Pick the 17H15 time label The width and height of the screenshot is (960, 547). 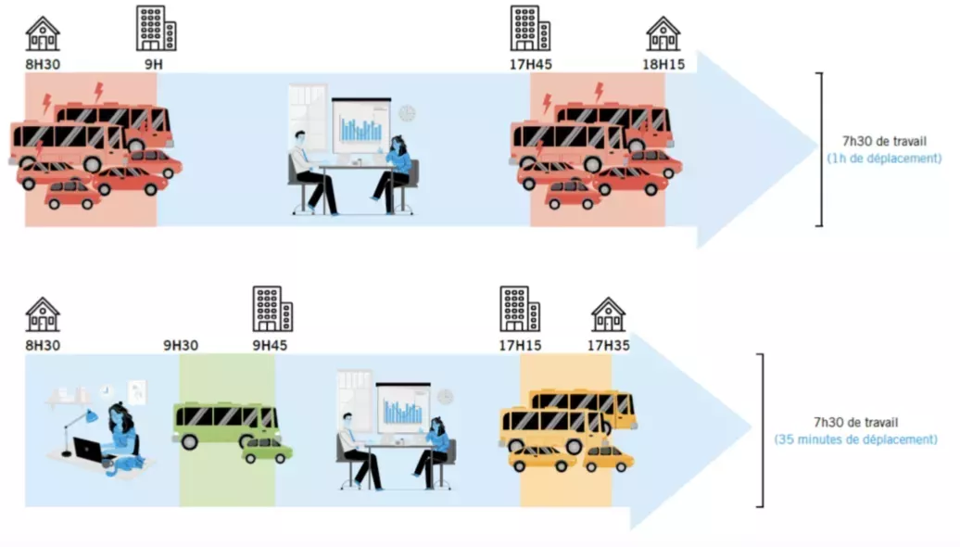tap(519, 345)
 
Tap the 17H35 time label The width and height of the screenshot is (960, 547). tap(609, 345)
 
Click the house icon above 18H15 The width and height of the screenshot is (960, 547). tap(663, 33)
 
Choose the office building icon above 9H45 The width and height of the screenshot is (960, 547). tap(273, 309)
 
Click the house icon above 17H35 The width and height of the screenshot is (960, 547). tap(609, 314)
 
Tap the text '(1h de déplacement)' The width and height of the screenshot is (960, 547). tap(884, 159)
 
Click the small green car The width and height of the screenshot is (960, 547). tap(268, 451)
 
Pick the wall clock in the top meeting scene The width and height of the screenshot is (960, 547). tap(407, 113)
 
